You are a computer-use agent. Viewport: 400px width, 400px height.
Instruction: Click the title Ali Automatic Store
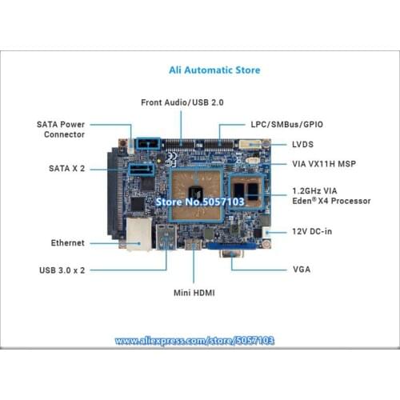214,70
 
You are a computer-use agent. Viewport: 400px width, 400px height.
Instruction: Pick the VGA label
301,269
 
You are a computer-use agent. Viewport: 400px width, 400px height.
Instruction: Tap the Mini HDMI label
194,293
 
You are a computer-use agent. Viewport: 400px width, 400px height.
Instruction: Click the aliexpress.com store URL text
194,341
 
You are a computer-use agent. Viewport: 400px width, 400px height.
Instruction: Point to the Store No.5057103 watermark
199,202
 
